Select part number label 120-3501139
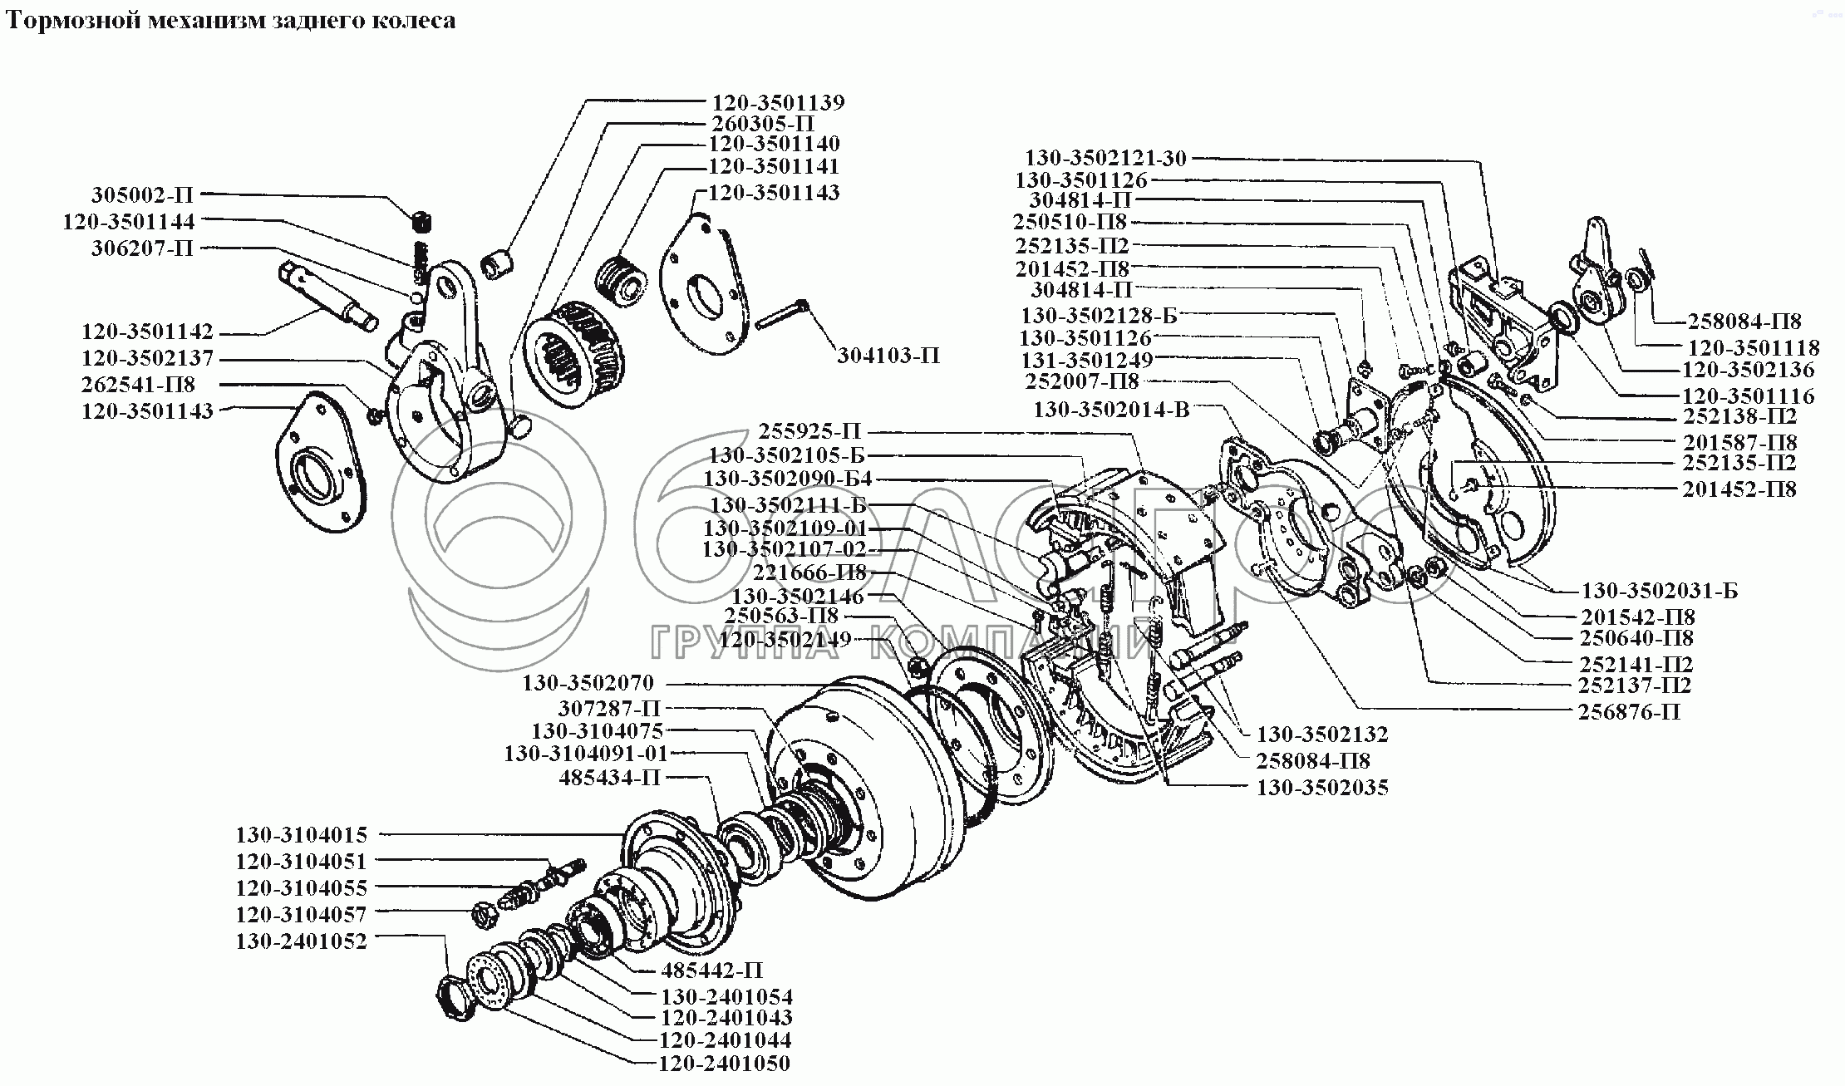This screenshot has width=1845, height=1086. click(x=777, y=103)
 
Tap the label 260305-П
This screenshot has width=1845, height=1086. click(x=761, y=124)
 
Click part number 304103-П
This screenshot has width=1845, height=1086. click(x=888, y=356)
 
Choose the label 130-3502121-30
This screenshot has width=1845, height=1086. click(x=1105, y=158)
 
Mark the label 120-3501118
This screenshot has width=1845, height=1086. click(x=1753, y=347)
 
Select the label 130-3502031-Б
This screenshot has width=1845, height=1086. click(x=1659, y=591)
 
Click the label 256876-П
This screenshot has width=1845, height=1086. click(x=1629, y=712)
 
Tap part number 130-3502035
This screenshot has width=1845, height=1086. click(x=1321, y=787)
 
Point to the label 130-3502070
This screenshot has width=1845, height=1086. click(x=588, y=683)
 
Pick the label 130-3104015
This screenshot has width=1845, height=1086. click(x=301, y=834)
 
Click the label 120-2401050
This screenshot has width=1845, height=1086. click(x=724, y=1063)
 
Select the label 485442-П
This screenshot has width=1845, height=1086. click(x=711, y=970)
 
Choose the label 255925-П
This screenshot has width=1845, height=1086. click(x=809, y=431)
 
